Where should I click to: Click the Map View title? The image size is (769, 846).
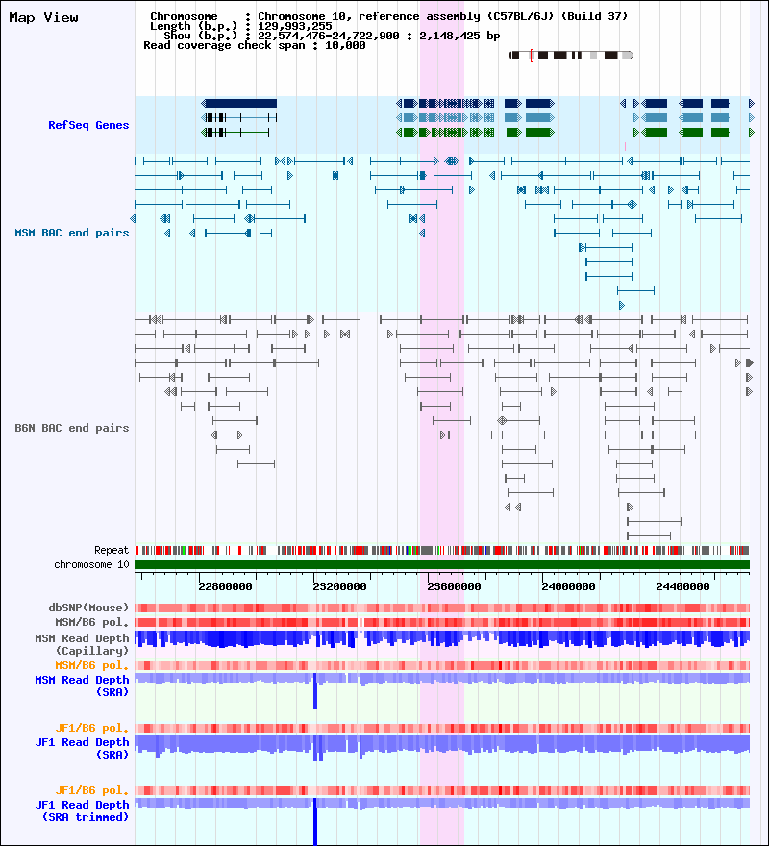click(43, 18)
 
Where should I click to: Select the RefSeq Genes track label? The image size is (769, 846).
click(88, 125)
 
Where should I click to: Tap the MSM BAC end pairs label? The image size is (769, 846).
click(72, 233)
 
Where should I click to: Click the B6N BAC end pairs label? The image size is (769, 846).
click(72, 428)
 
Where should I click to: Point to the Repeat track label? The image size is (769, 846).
click(112, 550)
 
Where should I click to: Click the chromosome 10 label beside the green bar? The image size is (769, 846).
click(91, 565)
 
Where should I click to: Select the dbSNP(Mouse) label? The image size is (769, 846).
click(88, 608)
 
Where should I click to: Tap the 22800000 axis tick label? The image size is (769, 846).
click(225, 586)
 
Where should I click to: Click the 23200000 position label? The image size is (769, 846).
click(339, 586)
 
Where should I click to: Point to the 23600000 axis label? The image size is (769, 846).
click(454, 586)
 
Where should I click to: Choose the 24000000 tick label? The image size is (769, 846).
click(568, 586)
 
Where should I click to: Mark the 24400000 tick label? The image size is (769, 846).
click(682, 586)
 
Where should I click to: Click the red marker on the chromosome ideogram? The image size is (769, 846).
click(532, 55)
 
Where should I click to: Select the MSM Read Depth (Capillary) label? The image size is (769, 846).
click(82, 644)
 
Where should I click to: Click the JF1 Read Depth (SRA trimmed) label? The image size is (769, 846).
click(82, 811)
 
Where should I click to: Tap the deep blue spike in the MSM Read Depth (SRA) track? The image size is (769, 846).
click(315, 691)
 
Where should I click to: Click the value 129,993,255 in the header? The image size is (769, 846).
click(295, 27)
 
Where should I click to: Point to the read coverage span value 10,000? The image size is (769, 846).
click(345, 46)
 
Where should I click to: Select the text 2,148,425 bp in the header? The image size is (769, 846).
click(459, 37)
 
